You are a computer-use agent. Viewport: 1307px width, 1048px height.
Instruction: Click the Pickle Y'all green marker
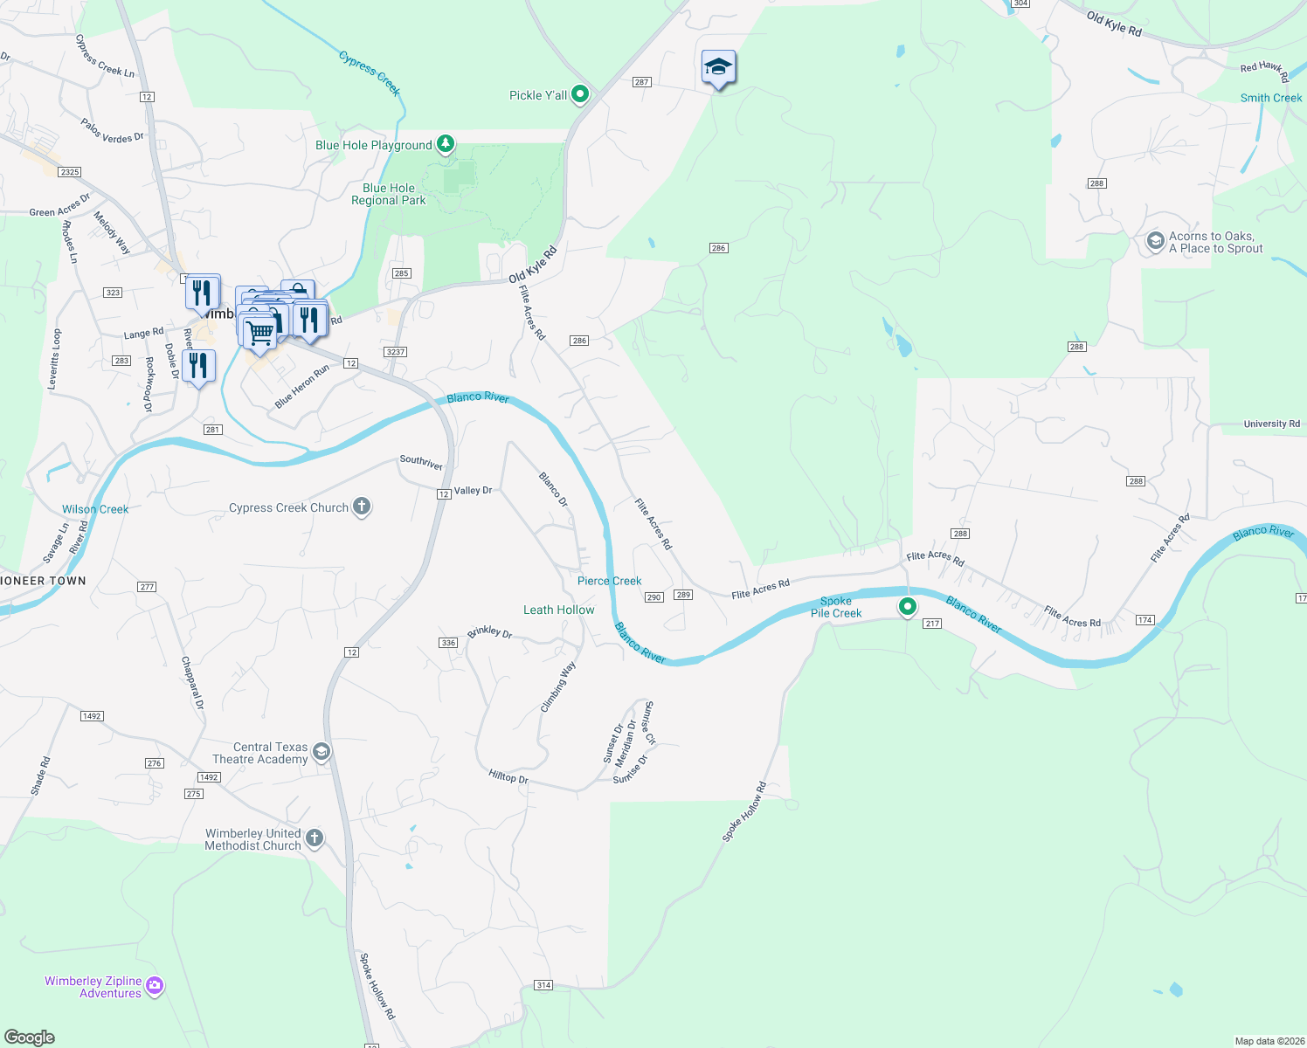point(580,94)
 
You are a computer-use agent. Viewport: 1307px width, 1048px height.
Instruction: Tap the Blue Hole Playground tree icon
point(446,143)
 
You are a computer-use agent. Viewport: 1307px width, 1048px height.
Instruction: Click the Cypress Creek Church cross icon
point(362,507)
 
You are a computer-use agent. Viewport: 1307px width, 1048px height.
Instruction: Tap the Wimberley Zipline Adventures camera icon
point(155,986)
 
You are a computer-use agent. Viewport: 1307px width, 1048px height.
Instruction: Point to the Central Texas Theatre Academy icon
point(322,752)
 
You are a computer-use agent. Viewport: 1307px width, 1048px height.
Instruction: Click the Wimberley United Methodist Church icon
point(315,838)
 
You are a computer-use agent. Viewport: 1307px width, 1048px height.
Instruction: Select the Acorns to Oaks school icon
point(1155,241)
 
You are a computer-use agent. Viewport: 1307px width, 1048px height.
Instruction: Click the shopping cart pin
point(259,334)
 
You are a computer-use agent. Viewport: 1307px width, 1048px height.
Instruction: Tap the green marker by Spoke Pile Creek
point(908,606)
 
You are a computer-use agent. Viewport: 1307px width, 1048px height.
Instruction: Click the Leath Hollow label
point(558,610)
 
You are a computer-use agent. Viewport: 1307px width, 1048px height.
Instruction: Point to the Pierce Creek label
point(609,581)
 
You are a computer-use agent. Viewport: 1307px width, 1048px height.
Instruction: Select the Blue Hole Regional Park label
point(389,194)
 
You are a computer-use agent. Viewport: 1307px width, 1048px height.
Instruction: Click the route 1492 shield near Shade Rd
point(92,716)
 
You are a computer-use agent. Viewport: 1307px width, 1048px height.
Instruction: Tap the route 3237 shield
point(395,352)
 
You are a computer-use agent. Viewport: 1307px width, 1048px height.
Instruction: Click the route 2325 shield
point(70,172)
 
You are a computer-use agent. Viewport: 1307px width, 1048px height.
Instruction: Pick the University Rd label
point(1271,424)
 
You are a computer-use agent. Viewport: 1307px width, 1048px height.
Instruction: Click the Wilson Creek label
point(95,509)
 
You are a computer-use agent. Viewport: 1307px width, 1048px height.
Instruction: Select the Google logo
point(30,1037)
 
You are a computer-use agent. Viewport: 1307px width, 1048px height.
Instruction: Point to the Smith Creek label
point(1270,98)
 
